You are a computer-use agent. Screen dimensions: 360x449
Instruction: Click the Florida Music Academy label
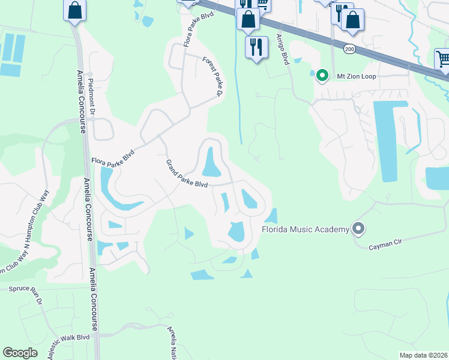click(306, 229)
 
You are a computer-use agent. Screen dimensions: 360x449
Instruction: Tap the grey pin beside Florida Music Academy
click(359, 228)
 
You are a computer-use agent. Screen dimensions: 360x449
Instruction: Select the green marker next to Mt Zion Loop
click(322, 76)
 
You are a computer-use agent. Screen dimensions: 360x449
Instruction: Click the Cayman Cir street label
click(385, 244)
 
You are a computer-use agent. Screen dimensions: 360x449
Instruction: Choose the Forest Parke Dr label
click(213, 77)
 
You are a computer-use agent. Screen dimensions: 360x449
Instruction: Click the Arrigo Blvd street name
click(282, 49)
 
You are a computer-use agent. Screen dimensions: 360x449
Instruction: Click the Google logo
click(20, 353)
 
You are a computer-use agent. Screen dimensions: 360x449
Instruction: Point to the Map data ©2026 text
click(423, 355)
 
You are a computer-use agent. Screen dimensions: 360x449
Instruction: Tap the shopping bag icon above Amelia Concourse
click(74, 10)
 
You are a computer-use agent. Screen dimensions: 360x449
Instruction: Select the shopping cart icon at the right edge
click(443, 59)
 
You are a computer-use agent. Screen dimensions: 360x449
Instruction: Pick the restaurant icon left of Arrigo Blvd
click(256, 46)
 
